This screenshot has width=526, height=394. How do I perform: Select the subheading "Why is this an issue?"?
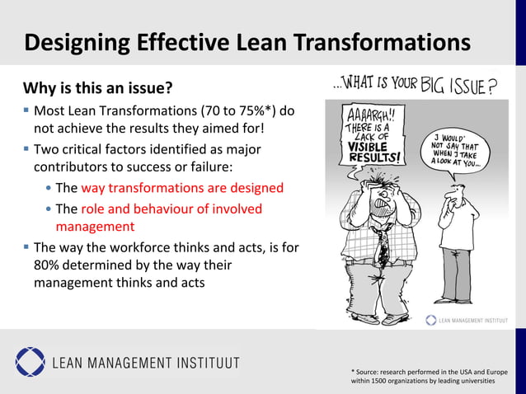[x=97, y=87]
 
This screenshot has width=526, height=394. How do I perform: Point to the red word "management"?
[x=95, y=226]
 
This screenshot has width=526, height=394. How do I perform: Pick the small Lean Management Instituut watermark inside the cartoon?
[x=467, y=321]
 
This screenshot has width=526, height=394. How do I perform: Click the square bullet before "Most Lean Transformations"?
[x=26, y=110]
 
